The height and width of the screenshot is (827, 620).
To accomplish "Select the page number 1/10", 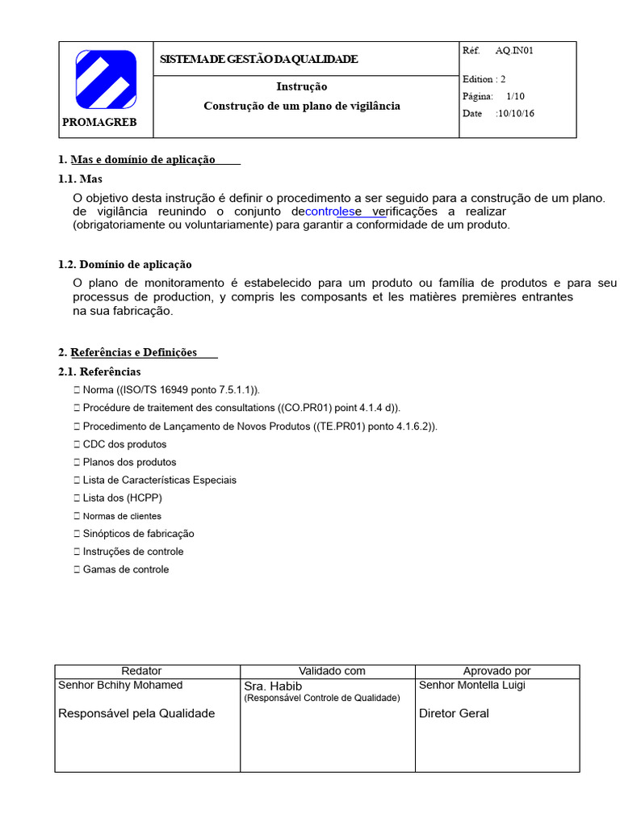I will pos(516,96).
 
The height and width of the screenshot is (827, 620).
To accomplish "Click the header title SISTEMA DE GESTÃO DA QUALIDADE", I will pos(258,60).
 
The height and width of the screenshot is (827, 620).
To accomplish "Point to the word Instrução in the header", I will pos(302,87).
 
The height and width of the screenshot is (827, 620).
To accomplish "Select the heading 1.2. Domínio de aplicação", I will pos(125,265).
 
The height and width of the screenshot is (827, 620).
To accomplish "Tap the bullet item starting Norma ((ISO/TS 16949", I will pos(171,390).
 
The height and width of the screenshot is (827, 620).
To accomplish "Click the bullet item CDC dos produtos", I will pos(124,444).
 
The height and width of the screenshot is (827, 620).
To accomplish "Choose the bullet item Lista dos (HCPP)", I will pos(122,498).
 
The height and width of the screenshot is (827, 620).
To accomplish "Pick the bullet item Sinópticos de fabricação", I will pos(138,534).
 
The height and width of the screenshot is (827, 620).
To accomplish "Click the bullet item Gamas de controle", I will pos(126,569).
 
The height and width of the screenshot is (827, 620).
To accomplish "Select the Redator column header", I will pos(141,671).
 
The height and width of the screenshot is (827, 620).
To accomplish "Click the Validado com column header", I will pos(332,671).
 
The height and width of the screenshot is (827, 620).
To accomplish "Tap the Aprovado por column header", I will pos(496,671).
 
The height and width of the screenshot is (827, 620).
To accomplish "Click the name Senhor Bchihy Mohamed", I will pos(120,686).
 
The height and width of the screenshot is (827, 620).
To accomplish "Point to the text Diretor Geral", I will pos(454,714).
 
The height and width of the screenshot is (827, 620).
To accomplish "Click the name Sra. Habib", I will pos(273,686).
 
